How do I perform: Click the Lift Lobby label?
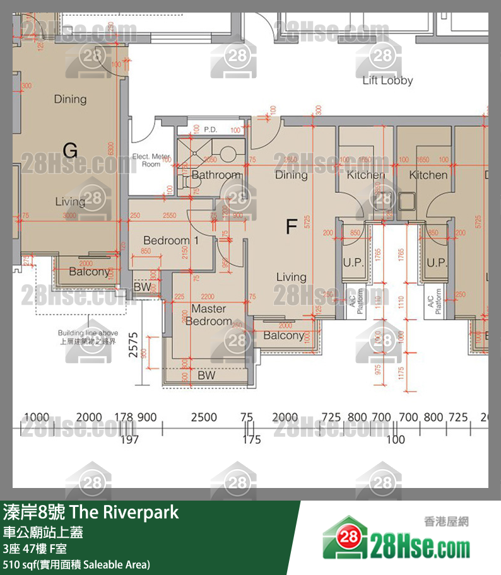[x=387, y=81]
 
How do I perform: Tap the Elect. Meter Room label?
[x=151, y=160]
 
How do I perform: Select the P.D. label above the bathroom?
[x=210, y=130]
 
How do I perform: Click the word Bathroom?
[x=216, y=175]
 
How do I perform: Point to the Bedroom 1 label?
[x=170, y=240]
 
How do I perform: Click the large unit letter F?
[x=291, y=226]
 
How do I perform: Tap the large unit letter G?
[x=71, y=150]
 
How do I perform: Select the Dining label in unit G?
[x=70, y=99]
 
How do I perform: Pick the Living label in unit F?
[x=291, y=277]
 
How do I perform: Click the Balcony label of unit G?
[x=89, y=272]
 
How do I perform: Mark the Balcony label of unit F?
[x=283, y=335]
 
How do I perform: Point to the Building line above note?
[x=88, y=337]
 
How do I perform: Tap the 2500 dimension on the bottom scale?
[x=204, y=417]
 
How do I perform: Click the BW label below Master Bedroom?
[x=206, y=375]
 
